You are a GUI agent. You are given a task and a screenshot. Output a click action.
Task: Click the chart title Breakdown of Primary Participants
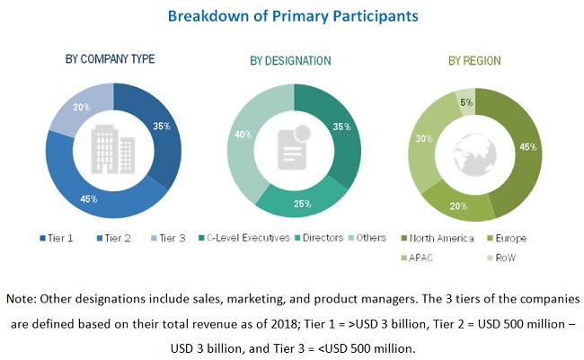click(x=291, y=16)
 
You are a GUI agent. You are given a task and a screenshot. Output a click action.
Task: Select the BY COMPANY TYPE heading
click(x=110, y=59)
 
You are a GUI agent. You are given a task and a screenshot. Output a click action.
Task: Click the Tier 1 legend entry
click(x=59, y=238)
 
